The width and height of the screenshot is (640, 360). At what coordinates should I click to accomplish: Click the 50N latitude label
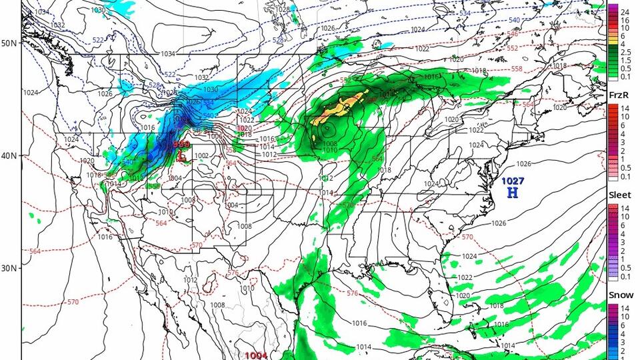tap(9, 43)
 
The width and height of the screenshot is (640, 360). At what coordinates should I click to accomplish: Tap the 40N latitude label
tap(9, 155)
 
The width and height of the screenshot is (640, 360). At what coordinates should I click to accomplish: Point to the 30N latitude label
tap(9, 268)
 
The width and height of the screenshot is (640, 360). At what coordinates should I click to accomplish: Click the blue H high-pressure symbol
tap(512, 193)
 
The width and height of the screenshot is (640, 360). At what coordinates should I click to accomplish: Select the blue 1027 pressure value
tap(512, 181)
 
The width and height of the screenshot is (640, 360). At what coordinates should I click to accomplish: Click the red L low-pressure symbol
tap(181, 157)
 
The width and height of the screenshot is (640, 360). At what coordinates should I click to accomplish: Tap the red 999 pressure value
tap(182, 145)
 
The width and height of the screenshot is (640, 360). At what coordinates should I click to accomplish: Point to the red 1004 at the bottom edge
tap(257, 355)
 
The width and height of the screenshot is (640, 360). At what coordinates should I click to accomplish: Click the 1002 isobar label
tap(201, 155)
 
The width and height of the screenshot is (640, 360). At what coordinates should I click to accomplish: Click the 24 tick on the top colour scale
tap(625, 12)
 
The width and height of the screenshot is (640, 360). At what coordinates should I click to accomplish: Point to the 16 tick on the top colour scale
tap(625, 21)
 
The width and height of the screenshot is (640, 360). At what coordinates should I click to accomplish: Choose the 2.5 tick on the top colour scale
tap(625, 51)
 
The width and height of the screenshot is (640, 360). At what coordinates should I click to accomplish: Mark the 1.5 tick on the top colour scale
tap(625, 60)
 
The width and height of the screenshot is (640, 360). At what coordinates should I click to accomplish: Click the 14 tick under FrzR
tap(625, 109)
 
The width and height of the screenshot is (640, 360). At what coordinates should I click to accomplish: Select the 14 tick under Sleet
tap(625, 208)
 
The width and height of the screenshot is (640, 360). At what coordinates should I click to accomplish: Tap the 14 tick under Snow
tap(625, 308)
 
